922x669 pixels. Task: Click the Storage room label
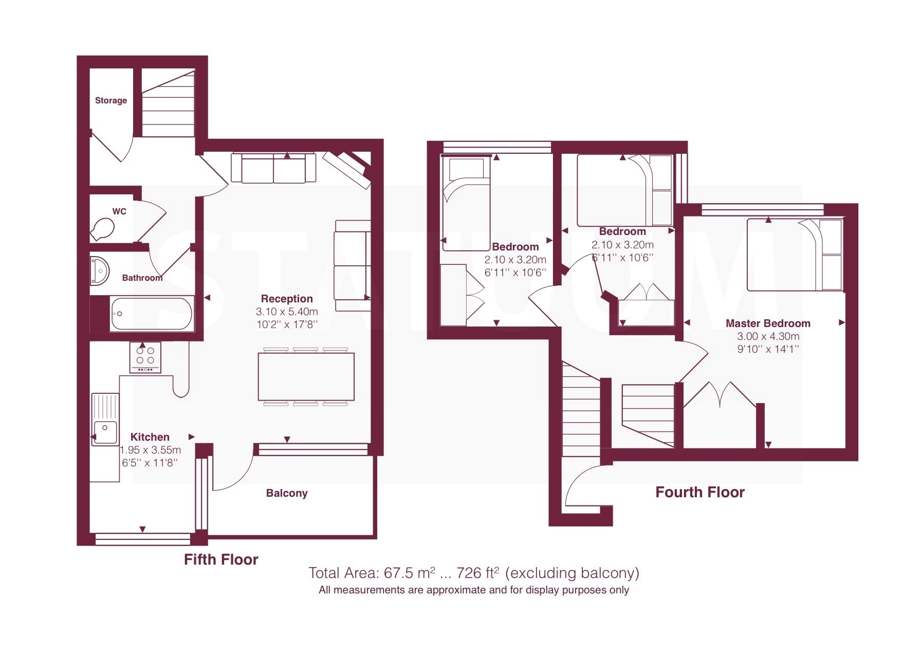click(111, 100)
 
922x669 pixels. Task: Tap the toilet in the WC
click(102, 229)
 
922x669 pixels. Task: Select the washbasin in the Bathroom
click(99, 270)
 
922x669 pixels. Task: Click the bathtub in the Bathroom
click(152, 314)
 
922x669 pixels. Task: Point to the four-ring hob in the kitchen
click(145, 357)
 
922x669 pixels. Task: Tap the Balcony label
click(287, 493)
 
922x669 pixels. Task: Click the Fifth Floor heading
click(221, 559)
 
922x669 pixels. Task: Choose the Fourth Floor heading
click(700, 492)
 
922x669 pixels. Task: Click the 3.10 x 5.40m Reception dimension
click(287, 312)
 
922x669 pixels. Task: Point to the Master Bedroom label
click(768, 323)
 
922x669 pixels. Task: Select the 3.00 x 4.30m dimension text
click(768, 336)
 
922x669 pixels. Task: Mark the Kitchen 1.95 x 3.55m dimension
click(151, 450)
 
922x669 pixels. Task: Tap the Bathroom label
click(142, 278)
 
